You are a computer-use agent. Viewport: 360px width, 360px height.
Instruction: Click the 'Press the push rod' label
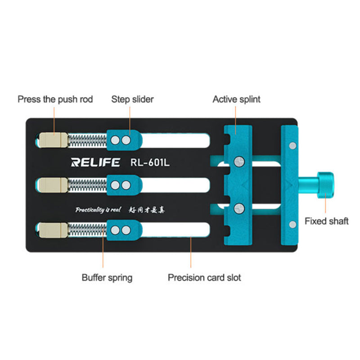55,99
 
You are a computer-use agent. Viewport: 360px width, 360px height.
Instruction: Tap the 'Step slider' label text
132,99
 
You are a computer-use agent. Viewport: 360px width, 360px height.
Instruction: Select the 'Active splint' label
236,99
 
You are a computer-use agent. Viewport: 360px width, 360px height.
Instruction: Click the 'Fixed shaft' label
326,221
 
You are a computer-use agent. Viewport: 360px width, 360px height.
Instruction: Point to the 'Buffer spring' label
107,277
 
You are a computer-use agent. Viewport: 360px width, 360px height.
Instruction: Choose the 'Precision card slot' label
204,277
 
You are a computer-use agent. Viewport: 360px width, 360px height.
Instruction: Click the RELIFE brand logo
96,162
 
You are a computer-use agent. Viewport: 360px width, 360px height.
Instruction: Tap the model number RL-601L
149,162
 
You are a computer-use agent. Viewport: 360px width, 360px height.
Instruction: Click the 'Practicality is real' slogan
95,209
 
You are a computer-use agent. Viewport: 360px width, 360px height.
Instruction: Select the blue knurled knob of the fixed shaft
326,185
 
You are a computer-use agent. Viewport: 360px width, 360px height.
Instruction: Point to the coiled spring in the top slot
87,140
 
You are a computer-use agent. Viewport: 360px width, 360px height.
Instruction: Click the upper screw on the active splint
238,161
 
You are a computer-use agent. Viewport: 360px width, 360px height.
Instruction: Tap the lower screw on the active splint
238,208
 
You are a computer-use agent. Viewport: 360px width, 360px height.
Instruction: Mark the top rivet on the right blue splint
293,145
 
